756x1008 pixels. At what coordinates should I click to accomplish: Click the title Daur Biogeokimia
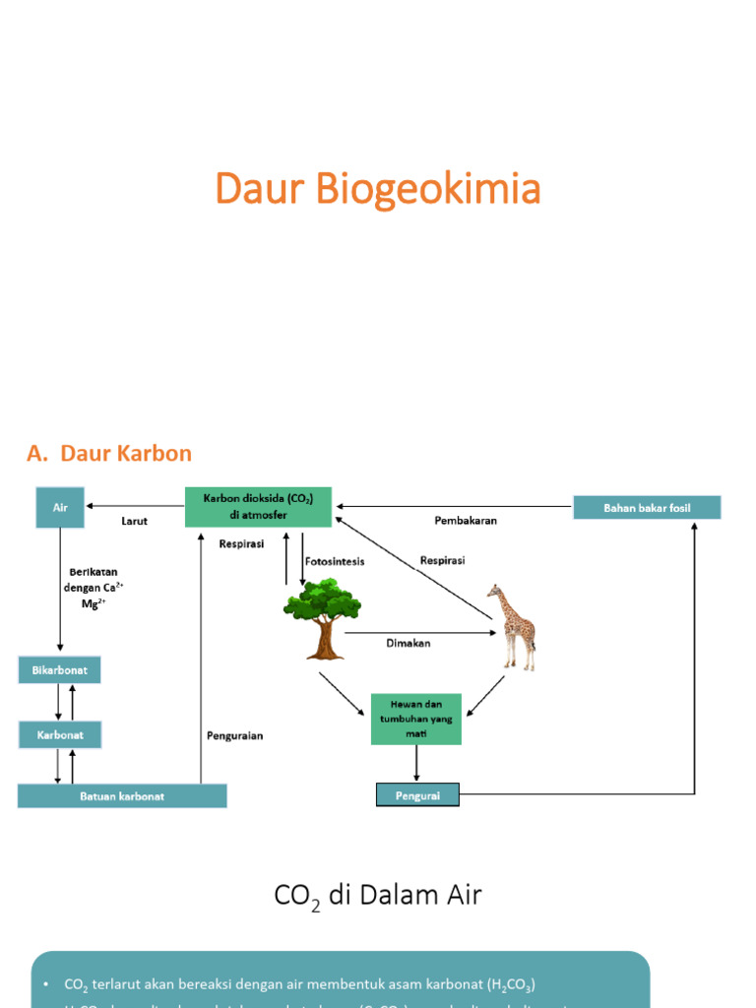(378, 189)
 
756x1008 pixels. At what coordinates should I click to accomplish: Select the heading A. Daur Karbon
(109, 454)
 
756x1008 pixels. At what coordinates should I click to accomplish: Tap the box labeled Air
(60, 507)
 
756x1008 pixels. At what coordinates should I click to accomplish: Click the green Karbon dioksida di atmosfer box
(259, 507)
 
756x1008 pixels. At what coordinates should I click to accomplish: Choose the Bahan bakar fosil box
(647, 508)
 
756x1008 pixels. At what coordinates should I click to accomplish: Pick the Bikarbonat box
(60, 670)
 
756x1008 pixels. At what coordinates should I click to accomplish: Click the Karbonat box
(60, 733)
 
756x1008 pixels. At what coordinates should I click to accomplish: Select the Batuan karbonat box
(122, 795)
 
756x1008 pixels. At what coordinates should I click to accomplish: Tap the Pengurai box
(417, 793)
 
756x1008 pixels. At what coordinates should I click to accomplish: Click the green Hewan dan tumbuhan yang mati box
(415, 718)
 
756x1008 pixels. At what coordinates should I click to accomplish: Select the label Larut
(134, 521)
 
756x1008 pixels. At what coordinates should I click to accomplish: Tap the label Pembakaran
(466, 521)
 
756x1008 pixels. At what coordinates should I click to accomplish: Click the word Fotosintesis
(335, 561)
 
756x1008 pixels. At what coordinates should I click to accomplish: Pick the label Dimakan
(407, 644)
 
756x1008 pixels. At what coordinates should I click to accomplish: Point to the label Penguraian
(234, 735)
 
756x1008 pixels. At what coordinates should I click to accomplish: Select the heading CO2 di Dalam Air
(377, 896)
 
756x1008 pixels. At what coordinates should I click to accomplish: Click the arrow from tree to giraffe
(418, 632)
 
